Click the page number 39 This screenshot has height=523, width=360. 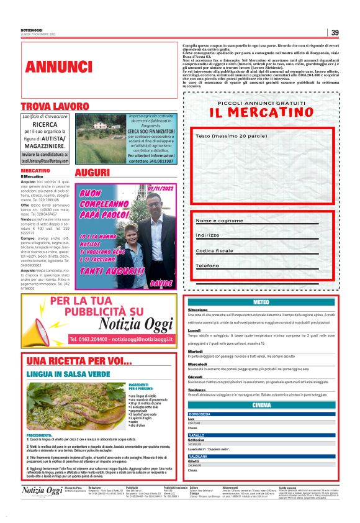pyautogui.click(x=335, y=33)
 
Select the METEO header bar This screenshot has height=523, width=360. pyautogui.click(x=261, y=302)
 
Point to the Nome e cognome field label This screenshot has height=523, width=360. pyautogui.click(x=219, y=221)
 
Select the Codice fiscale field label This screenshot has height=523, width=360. pyautogui.click(x=215, y=250)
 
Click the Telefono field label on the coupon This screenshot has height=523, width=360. pyautogui.click(x=207, y=265)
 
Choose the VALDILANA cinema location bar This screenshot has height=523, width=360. pyautogui.click(x=261, y=457)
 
